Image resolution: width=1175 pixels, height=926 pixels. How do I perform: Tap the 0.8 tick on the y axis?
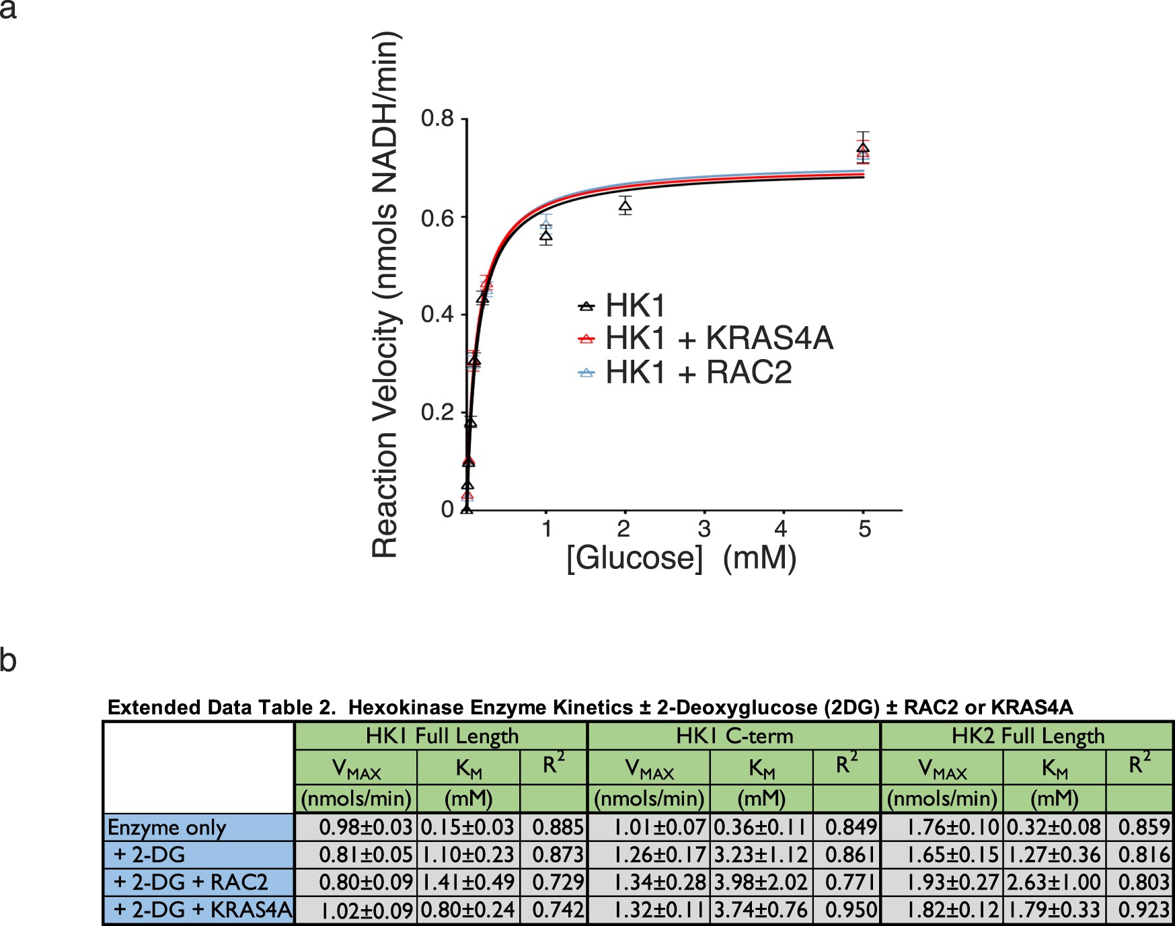(438, 119)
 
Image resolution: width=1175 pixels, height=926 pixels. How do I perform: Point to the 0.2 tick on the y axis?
(438, 412)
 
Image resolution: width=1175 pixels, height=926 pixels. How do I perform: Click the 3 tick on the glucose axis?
(704, 529)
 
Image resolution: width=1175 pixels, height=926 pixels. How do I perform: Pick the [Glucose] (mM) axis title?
(681, 558)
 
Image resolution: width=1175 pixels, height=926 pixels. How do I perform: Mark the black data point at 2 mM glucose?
(625, 206)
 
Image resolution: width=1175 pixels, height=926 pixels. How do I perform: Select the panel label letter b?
(8, 660)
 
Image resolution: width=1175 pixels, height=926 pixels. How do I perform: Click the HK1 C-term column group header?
(734, 736)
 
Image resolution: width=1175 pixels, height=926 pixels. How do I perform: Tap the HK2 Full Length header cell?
(1027, 736)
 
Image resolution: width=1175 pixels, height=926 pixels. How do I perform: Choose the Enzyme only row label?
(167, 827)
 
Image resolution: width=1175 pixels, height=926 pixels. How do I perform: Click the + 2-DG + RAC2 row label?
(191, 882)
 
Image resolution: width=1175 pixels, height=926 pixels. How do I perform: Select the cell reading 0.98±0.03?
(365, 827)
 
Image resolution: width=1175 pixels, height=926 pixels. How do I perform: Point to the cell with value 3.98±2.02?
(761, 882)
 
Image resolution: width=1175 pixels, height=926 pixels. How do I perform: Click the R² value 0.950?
(851, 910)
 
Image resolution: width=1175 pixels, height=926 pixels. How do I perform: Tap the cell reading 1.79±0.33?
(1054, 910)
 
